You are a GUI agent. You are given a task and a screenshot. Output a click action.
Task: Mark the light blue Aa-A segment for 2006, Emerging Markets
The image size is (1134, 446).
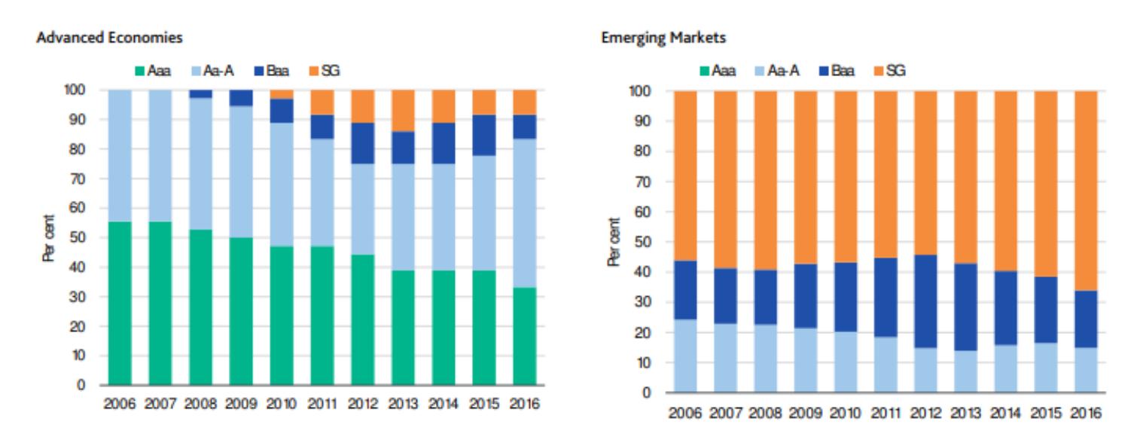[681, 356]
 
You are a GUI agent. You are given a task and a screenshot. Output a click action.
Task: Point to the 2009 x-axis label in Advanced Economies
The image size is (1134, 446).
[241, 405]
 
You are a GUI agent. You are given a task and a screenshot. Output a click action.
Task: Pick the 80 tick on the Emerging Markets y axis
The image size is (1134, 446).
[641, 151]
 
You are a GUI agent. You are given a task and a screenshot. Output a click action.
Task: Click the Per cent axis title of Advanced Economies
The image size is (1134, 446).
[49, 238]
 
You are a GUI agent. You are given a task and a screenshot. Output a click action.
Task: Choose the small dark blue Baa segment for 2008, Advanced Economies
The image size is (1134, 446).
[200, 93]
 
